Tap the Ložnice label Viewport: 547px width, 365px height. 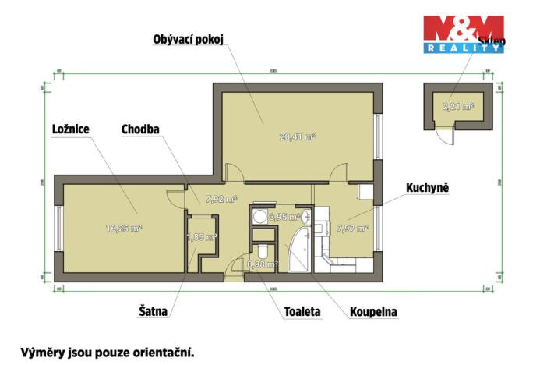click(x=70, y=129)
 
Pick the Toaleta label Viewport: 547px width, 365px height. click(x=302, y=311)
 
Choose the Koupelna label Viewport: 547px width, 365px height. click(x=372, y=311)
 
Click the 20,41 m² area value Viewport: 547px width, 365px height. click(x=297, y=136)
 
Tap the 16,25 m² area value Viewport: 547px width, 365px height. click(x=123, y=229)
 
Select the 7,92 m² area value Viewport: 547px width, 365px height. click(x=220, y=199)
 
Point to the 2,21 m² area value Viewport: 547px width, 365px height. click(x=457, y=107)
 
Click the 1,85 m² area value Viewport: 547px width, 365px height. click(x=200, y=238)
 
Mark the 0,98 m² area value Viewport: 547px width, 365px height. click(x=262, y=264)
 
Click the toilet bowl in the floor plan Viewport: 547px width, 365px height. click(x=263, y=251)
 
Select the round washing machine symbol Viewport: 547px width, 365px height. click(x=258, y=218)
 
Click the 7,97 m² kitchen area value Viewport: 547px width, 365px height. click(x=351, y=229)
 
